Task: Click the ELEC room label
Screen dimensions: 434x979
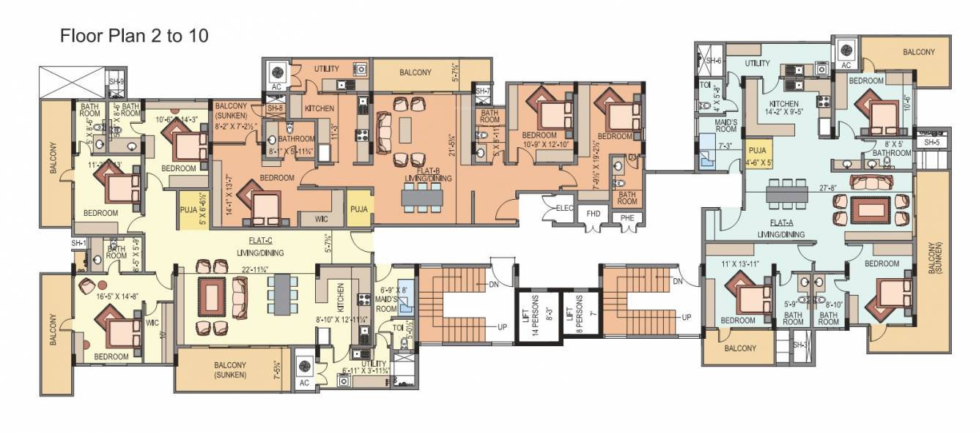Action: pyautogui.click(x=563, y=209)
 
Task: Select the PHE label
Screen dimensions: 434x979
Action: pyautogui.click(x=627, y=217)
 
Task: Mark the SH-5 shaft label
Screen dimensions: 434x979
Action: pyautogui.click(x=932, y=142)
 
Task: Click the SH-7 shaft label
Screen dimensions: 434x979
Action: pyautogui.click(x=482, y=91)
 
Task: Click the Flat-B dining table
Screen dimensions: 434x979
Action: pyautogui.click(x=421, y=195)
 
